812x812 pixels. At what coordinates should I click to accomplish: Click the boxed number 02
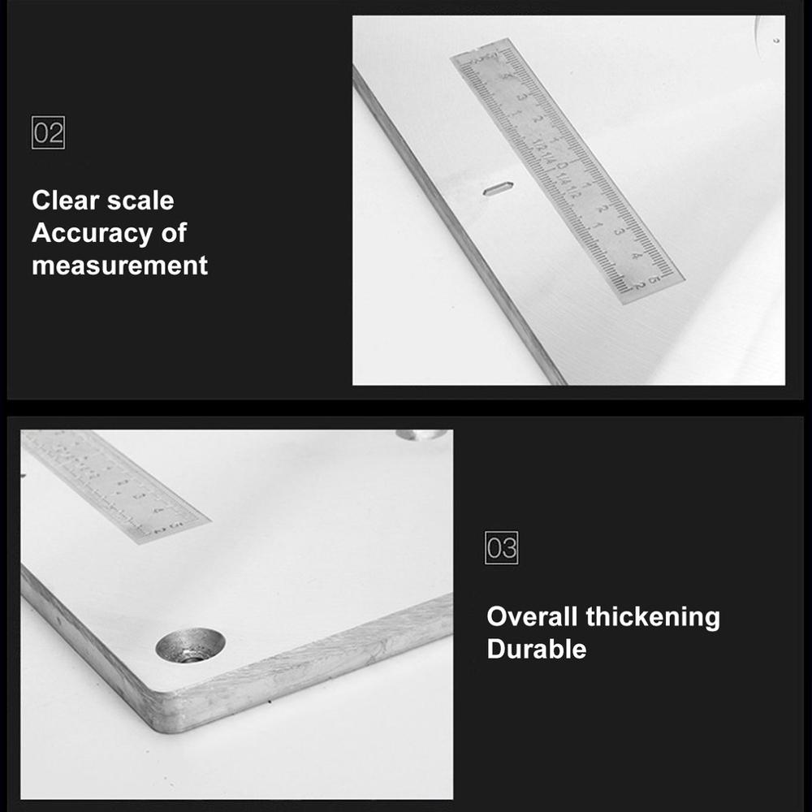point(48,132)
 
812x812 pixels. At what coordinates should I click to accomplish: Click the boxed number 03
point(501,548)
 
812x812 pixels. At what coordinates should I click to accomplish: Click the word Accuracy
point(92,233)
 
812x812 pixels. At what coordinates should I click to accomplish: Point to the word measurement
point(119,266)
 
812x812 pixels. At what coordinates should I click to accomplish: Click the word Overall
point(532,616)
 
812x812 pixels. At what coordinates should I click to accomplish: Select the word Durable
point(536,649)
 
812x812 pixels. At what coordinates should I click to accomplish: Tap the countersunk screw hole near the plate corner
point(190,646)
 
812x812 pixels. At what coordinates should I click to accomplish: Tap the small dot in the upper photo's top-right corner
point(777,40)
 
